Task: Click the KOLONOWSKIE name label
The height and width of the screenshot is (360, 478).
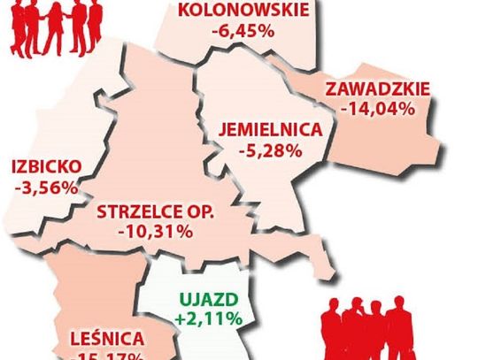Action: pyautogui.click(x=244, y=11)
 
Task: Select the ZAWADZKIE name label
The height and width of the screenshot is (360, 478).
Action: pyautogui.click(x=378, y=89)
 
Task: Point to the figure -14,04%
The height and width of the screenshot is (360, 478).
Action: pyautogui.click(x=378, y=110)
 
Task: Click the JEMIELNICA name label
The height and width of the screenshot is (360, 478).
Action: pyautogui.click(x=270, y=127)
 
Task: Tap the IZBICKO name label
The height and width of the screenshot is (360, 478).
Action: pyautogui.click(x=46, y=166)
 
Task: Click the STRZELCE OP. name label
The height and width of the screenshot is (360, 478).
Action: pyautogui.click(x=156, y=212)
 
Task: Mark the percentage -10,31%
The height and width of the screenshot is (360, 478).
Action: pyautogui.click(x=156, y=233)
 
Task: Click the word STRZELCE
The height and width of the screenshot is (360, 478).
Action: pyautogui.click(x=136, y=212)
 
